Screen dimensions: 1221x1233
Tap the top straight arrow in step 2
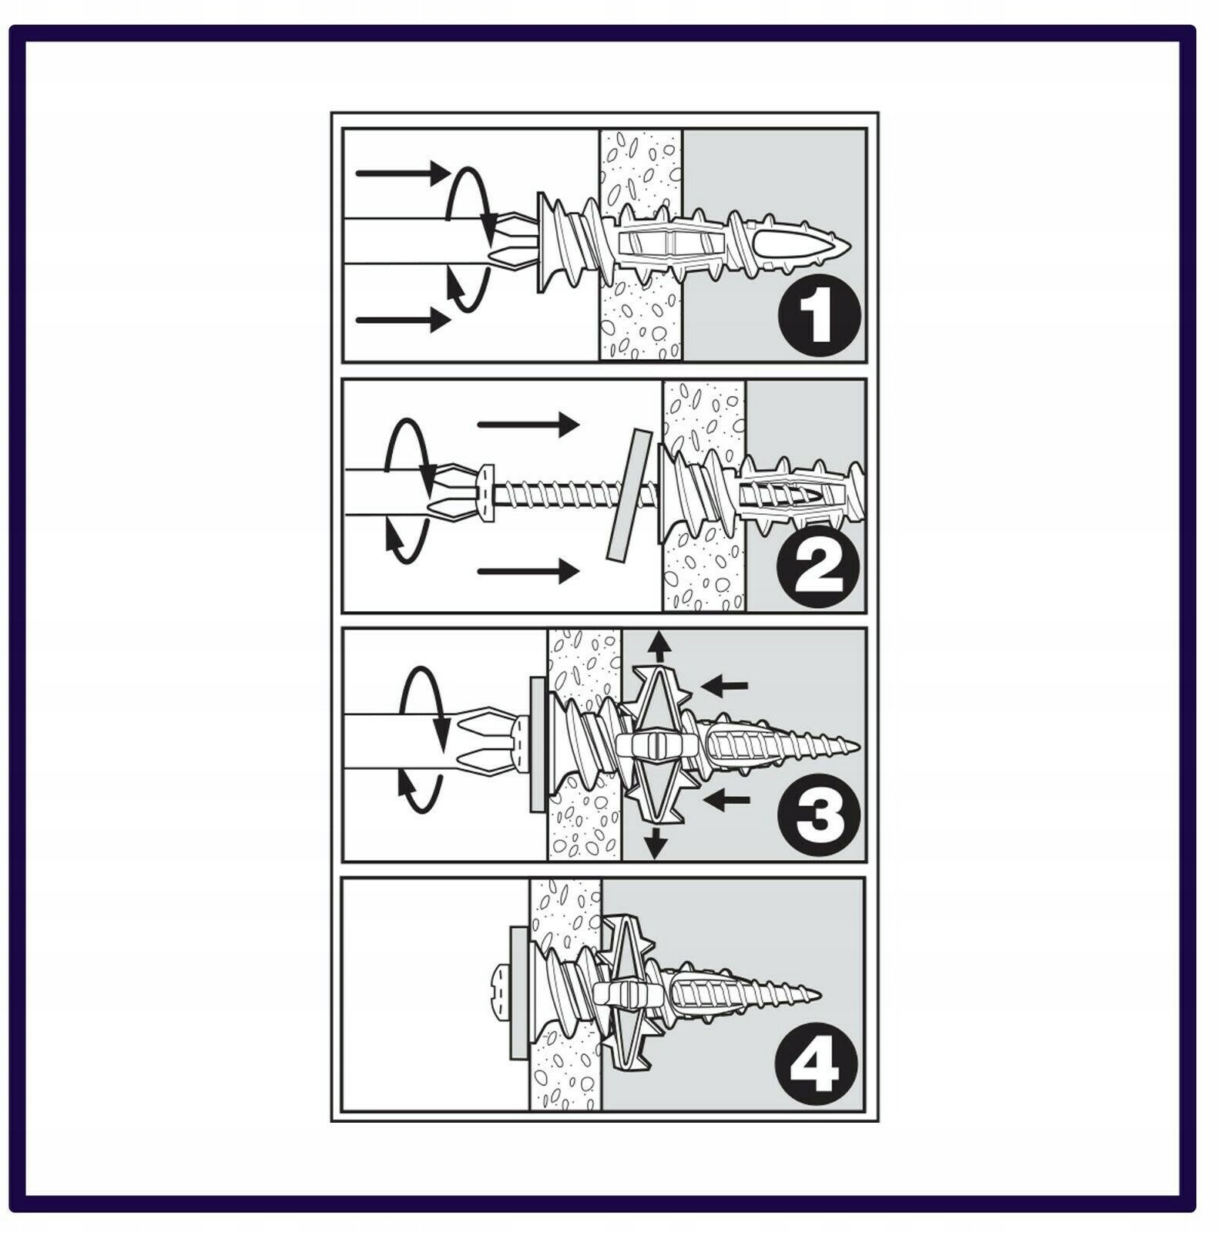coord(528,424)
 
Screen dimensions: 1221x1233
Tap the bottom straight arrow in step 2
coord(528,571)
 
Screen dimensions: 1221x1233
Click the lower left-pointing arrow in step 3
coord(727,801)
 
